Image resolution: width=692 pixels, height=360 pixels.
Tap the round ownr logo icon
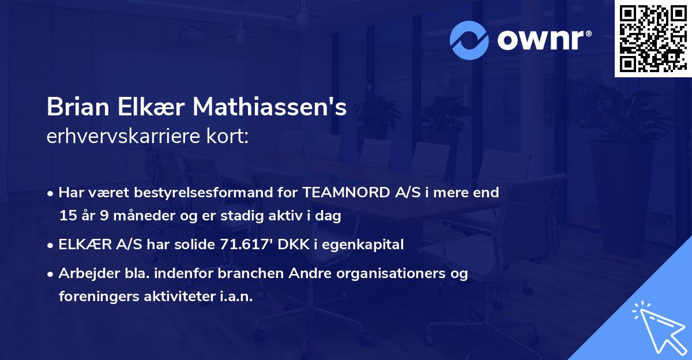tap(470, 40)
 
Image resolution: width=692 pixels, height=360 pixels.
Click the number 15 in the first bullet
tap(67, 216)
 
